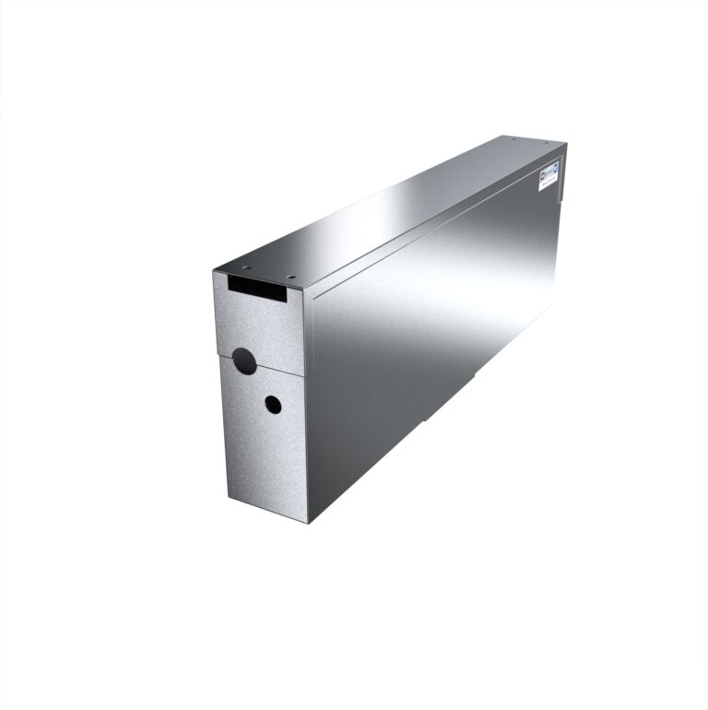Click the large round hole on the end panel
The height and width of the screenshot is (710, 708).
pyautogui.click(x=244, y=361)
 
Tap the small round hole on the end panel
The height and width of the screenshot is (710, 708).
pyautogui.click(x=273, y=404)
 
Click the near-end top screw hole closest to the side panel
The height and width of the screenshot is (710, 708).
pyautogui.click(x=291, y=276)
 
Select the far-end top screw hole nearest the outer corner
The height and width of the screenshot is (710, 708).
pyautogui.click(x=548, y=142)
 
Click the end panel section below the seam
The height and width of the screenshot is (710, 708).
pyautogui.click(x=263, y=443)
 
